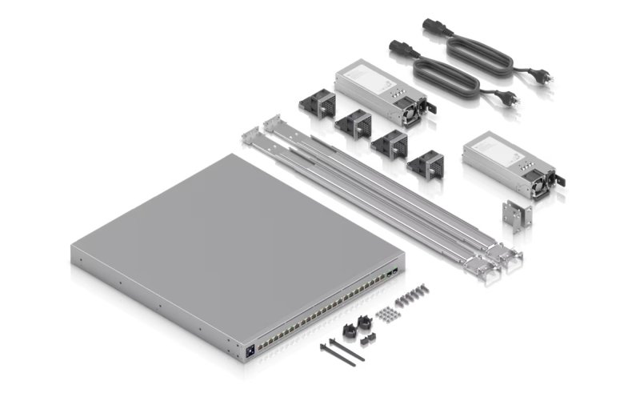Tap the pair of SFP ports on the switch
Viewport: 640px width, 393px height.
391,274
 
